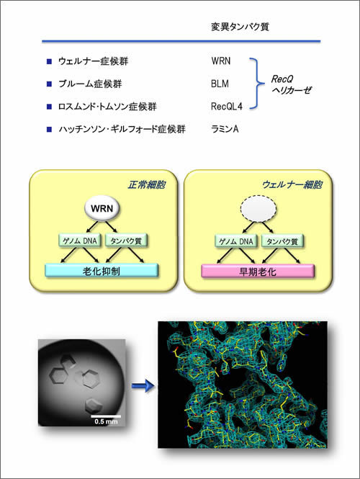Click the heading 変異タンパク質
pyautogui.click(x=240, y=27)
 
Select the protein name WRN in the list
pyautogui.click(x=221, y=61)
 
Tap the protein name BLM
pyautogui.click(x=220, y=84)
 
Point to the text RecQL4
pyautogui.click(x=227, y=106)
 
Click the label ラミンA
pyautogui.click(x=225, y=129)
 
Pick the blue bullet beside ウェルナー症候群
pyautogui.click(x=49, y=61)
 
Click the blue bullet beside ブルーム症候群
pyautogui.click(x=49, y=84)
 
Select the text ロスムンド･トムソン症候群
pyautogui.click(x=107, y=107)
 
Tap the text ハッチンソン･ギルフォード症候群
pyautogui.click(x=122, y=129)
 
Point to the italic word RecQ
pyautogui.click(x=282, y=79)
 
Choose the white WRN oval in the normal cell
pyautogui.click(x=102, y=208)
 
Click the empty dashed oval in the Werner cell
pyautogui.click(x=258, y=209)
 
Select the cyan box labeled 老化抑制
pyautogui.click(x=102, y=271)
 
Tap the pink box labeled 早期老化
pyautogui.click(x=258, y=272)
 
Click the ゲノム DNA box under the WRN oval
pyautogui.click(x=79, y=241)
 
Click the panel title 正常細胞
pyautogui.click(x=147, y=184)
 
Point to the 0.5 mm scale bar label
pyautogui.click(x=106, y=421)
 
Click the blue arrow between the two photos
pyautogui.click(x=143, y=385)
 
